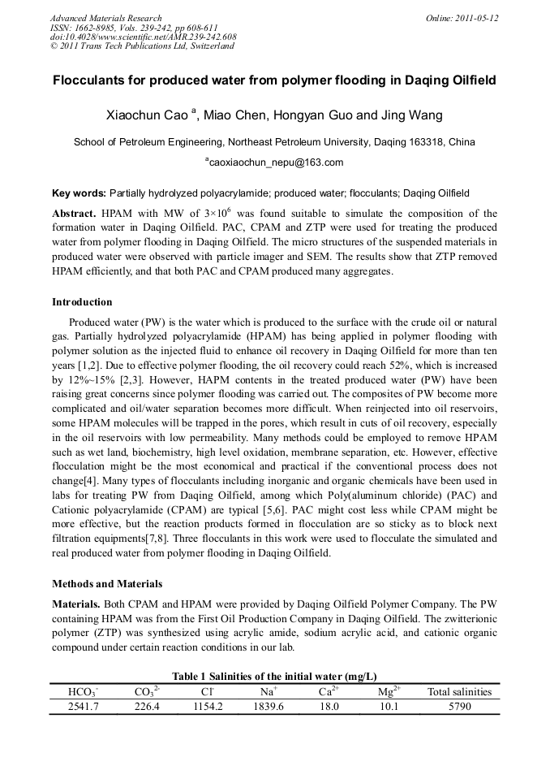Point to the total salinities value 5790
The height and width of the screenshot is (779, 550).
click(x=459, y=706)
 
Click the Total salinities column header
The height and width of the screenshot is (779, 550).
click(x=459, y=692)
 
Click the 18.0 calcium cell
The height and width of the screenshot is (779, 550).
click(x=329, y=706)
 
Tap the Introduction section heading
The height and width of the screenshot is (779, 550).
click(x=82, y=302)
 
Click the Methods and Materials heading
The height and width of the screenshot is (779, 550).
click(x=106, y=583)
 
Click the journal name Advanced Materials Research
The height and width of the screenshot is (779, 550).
click(x=105, y=18)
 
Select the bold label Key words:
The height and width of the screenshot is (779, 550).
click(x=79, y=193)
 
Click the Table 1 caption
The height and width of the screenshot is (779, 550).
click(x=274, y=676)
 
